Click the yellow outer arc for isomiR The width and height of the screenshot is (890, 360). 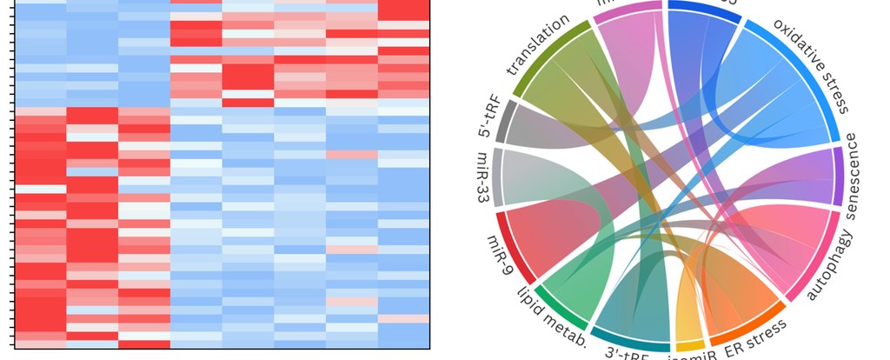click(x=689, y=345)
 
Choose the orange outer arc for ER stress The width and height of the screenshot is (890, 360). click(x=743, y=327)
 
